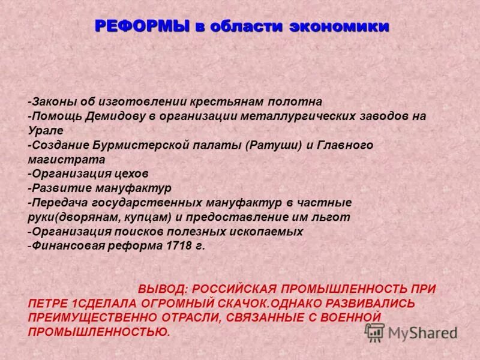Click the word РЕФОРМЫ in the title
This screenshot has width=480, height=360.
pyautogui.click(x=140, y=26)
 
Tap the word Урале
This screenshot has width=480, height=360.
pyautogui.click(x=44, y=130)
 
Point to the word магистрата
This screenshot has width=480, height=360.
pyautogui.click(x=67, y=159)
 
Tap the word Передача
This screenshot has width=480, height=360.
pyautogui.click(x=59, y=202)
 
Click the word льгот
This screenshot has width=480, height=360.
pyautogui.click(x=334, y=217)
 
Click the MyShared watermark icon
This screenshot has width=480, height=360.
pyautogui.click(x=375, y=332)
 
